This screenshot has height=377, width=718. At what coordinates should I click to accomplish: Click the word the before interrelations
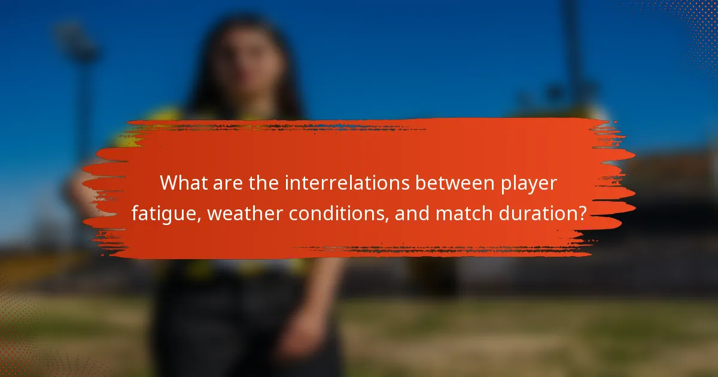tap(262, 184)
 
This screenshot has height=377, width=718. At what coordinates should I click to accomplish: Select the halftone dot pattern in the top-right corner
tap(688, 24)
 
